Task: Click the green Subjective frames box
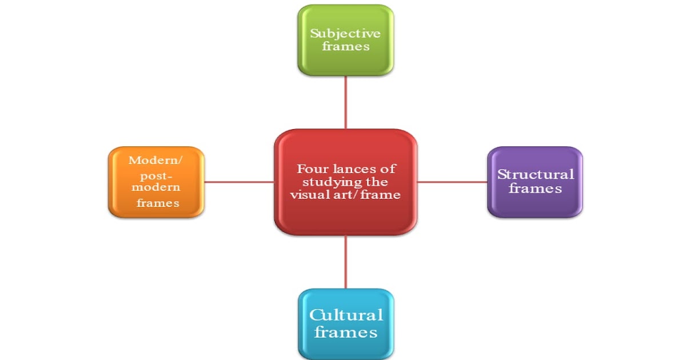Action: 345,40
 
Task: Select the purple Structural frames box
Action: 535,182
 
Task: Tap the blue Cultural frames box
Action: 345,323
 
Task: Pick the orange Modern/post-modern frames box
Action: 155,182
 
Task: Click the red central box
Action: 345,182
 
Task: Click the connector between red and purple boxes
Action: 452,182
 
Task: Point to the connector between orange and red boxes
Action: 238,182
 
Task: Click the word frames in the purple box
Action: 535,188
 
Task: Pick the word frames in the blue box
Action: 346,332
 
